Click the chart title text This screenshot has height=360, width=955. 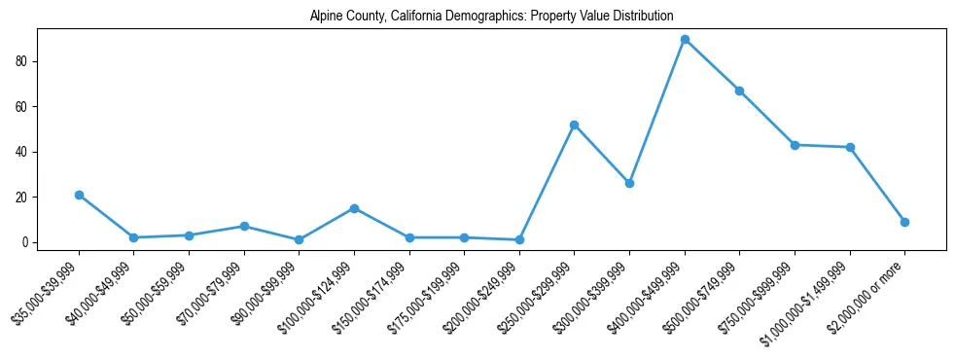point(491,16)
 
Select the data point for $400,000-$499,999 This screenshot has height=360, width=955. point(685,39)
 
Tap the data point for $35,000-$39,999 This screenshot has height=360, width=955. point(79,195)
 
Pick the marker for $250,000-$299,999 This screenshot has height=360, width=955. point(575,125)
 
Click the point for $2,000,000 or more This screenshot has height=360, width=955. point(905,222)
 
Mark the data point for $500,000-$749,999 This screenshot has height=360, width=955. point(740,90)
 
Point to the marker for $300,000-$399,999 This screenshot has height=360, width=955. point(630,183)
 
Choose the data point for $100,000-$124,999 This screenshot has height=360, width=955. point(354,208)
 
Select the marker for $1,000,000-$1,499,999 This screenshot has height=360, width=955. point(850,147)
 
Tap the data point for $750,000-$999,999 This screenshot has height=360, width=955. point(796,145)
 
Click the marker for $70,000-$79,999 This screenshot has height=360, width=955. point(244,226)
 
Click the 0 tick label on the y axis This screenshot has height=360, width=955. point(29,242)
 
